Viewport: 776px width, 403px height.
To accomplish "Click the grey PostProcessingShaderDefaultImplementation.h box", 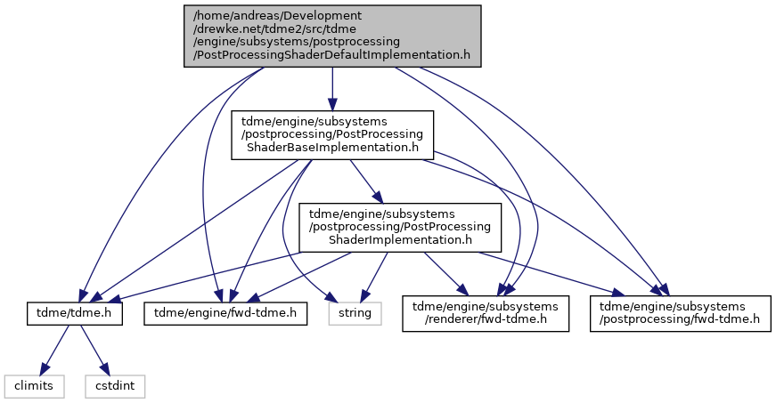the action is [332, 36].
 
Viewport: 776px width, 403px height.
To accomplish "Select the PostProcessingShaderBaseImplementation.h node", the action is [332, 135].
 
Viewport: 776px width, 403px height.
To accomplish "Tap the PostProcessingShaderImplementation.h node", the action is [400, 227].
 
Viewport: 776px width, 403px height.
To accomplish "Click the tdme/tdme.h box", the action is [74, 312].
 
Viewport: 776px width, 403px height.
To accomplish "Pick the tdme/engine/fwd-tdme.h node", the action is [225, 312].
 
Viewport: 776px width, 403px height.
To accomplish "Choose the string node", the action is [355, 312].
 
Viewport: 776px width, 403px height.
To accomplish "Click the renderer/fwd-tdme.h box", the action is [486, 313].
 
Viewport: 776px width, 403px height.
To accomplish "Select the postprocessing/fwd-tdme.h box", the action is [680, 313].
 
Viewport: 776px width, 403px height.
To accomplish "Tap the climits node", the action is [34, 386].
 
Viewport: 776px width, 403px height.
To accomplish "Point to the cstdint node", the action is [115, 386].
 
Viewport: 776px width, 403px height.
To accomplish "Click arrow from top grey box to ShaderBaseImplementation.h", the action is [332, 89].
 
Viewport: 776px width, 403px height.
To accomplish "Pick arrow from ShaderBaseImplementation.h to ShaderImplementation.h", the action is [367, 181].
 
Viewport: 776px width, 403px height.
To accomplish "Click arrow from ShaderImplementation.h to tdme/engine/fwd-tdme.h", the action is [299, 277].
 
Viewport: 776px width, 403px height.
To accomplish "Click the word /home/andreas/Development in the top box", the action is [277, 16].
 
